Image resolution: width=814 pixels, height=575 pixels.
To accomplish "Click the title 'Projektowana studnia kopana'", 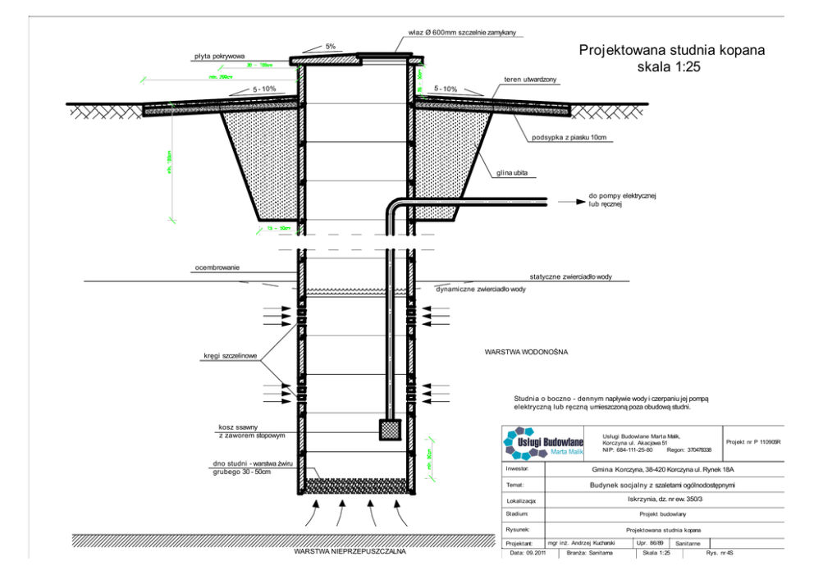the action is (x=672, y=50).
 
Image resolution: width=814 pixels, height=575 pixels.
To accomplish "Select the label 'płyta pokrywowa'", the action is (x=220, y=57).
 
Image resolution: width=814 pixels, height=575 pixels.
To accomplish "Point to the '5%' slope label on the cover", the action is (x=330, y=47).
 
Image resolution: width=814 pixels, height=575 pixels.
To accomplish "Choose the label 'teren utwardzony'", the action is (x=531, y=79).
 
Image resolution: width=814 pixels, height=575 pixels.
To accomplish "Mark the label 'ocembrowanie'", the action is (x=217, y=267).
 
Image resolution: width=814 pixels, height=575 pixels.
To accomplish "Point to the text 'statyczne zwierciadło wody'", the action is (x=570, y=277).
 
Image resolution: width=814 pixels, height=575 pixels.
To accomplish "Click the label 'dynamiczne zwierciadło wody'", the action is (x=480, y=290).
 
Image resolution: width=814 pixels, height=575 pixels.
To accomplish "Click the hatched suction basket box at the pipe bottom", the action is (x=389, y=428).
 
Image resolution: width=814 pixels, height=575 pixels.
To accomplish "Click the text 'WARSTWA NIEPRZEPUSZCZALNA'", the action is (x=350, y=551).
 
